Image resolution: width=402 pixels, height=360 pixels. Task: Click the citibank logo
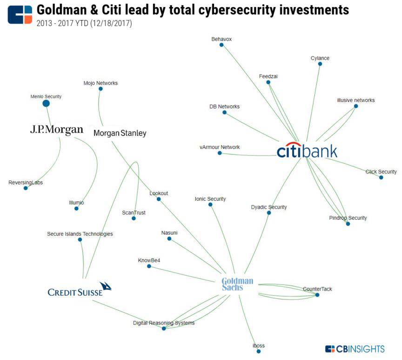coord(307,150)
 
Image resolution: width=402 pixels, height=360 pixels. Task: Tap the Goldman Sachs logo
coord(237,284)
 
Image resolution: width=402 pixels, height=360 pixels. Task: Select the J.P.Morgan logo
coord(57,129)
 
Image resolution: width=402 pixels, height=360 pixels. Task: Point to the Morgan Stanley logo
coord(120,133)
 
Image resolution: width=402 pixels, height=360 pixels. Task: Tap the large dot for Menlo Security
coord(46,103)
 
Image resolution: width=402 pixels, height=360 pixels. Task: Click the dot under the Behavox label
coord(221,45)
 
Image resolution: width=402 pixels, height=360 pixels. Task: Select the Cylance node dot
coord(320,64)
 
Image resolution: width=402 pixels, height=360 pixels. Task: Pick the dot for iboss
coord(259,351)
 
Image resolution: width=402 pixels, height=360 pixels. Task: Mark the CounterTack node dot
coord(317,295)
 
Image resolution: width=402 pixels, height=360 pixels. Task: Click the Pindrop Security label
coord(348,218)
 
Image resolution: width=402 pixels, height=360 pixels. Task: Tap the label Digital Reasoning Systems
coord(164,323)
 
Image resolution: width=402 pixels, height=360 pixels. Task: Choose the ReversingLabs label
coord(26,183)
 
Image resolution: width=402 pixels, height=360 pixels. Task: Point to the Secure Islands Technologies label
coord(80,234)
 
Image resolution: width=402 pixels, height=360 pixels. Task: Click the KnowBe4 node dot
coord(149,266)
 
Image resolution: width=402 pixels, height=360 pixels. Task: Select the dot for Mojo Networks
coord(100,89)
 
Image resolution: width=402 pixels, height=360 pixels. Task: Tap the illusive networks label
coord(355,100)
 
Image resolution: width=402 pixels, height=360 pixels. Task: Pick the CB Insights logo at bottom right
coord(355,349)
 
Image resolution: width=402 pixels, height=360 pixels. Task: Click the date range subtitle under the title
coord(84,23)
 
